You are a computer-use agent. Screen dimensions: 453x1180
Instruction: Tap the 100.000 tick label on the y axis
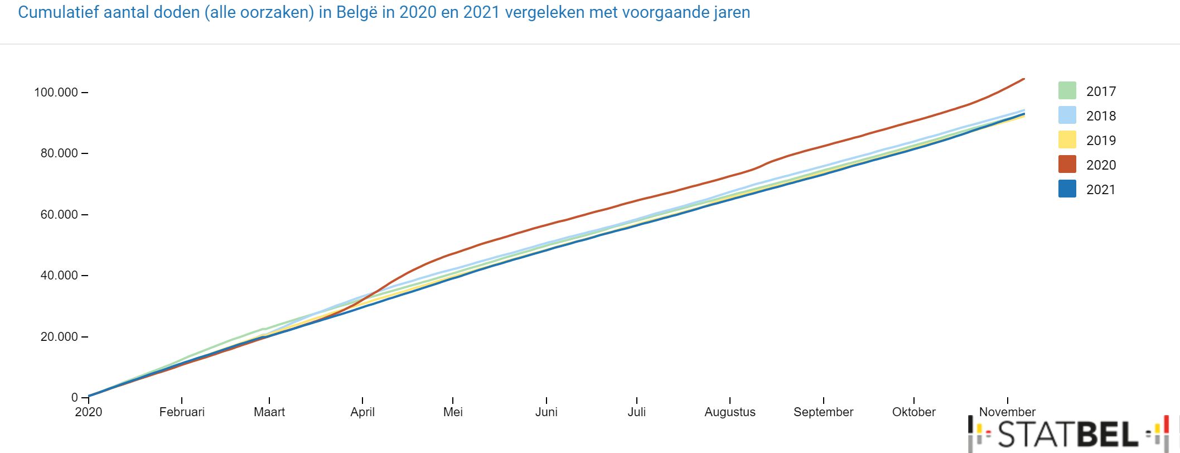[x=56, y=92]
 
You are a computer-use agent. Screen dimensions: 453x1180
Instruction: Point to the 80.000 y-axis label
[x=59, y=153]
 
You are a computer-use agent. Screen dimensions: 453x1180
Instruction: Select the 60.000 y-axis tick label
[x=59, y=215]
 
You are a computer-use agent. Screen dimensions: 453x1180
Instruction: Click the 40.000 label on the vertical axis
[x=59, y=276]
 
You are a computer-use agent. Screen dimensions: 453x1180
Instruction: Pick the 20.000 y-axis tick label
[x=59, y=337]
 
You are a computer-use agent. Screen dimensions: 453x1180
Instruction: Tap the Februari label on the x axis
[x=182, y=412]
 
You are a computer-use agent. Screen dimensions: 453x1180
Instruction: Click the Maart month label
[x=269, y=412]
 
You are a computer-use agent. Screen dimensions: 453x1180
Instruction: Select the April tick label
[x=362, y=412]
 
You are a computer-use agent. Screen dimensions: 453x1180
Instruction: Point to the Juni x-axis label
[x=547, y=412]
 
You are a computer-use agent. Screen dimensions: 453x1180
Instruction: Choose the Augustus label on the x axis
[x=730, y=412]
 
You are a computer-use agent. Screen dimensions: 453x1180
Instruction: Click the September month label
[x=824, y=412]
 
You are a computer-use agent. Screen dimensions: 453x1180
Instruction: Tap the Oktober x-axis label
[x=914, y=412]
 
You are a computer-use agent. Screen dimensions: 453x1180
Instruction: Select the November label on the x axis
[x=1007, y=412]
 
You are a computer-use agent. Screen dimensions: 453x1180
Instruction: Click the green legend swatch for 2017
[x=1067, y=90]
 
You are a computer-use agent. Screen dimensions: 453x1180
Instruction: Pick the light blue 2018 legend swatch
[x=1067, y=115]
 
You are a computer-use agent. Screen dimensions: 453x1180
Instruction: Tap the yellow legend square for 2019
[x=1067, y=139]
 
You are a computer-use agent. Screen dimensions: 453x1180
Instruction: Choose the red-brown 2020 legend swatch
[x=1067, y=164]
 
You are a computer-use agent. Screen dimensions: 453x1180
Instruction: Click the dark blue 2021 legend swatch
[x=1067, y=189]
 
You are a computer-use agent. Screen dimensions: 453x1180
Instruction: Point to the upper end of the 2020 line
[x=1024, y=79]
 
